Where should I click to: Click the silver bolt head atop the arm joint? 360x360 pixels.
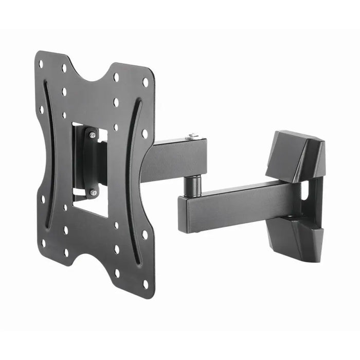pyautogui.click(x=192, y=136)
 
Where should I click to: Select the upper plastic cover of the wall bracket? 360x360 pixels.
pyautogui.click(x=297, y=154)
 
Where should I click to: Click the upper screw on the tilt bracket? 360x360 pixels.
pyautogui.click(x=93, y=135)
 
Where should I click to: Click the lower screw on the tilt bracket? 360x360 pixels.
pyautogui.click(x=93, y=192)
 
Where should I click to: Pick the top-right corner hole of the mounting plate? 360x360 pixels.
pyautogui.click(x=145, y=82)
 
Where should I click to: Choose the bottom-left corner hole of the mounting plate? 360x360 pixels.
pyautogui.click(x=43, y=242)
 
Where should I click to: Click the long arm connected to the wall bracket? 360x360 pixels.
pyautogui.click(x=237, y=206)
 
